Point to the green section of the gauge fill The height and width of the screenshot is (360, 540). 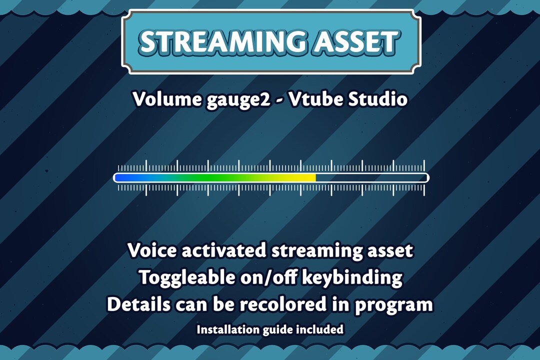click(210, 177)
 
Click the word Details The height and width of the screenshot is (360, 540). click(138, 304)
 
